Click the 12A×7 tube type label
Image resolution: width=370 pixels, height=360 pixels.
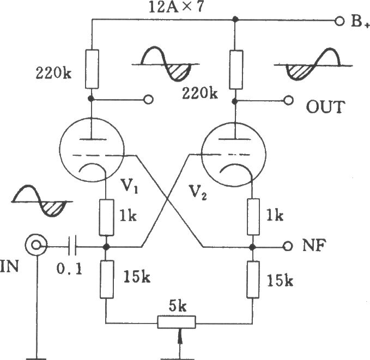(x=176, y=7)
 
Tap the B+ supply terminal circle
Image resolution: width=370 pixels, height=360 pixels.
(x=339, y=21)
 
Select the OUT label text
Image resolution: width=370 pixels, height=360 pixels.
(x=325, y=107)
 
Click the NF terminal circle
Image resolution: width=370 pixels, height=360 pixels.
(x=288, y=246)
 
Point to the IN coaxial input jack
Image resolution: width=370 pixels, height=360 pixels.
(x=36, y=245)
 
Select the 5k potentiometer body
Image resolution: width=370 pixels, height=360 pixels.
(x=177, y=322)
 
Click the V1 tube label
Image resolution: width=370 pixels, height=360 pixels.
(x=129, y=186)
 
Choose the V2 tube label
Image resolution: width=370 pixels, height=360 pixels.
(x=198, y=192)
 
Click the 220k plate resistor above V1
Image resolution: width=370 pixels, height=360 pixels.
(x=92, y=69)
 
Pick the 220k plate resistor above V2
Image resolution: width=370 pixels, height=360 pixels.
(x=236, y=70)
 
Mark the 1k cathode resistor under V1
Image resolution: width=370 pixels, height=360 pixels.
(x=107, y=217)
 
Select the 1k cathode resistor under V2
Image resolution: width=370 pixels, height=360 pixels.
(x=253, y=217)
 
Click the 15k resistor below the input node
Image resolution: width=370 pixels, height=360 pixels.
(x=107, y=279)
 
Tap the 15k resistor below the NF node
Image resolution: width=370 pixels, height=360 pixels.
(x=253, y=279)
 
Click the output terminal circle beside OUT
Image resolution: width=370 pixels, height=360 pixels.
(x=288, y=101)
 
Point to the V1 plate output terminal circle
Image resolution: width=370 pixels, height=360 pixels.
(x=149, y=100)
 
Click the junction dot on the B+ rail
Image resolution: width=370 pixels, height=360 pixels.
(x=235, y=19)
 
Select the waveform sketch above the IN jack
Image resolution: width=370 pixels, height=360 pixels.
(x=42, y=201)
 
